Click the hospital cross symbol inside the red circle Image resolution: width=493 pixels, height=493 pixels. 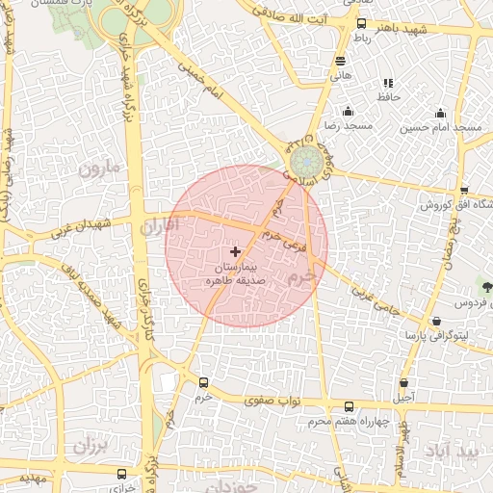click(236, 251)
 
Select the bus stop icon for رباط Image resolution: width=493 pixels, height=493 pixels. click(361, 23)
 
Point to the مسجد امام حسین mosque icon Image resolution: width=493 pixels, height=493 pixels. click(441, 113)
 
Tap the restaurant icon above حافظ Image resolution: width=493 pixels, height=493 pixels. click(388, 84)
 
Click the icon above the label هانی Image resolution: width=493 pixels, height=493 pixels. click(340, 60)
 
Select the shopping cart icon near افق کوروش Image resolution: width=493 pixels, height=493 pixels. click(464, 190)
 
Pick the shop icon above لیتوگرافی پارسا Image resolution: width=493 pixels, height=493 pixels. click(437, 321)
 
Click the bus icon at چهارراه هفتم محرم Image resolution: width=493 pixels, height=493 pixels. click(349, 406)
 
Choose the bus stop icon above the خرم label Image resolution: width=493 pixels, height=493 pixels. click(203, 382)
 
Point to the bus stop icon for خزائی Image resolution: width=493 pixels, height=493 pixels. click(121, 474)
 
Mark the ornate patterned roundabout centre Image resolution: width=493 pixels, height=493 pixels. click(307, 157)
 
